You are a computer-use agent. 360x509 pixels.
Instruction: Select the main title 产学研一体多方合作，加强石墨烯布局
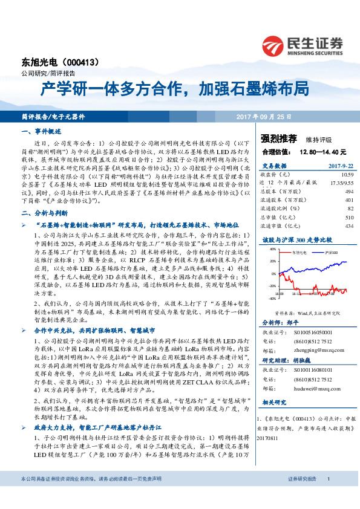click(x=175, y=91)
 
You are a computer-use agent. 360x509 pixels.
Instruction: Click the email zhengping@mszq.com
click(x=311, y=348)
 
